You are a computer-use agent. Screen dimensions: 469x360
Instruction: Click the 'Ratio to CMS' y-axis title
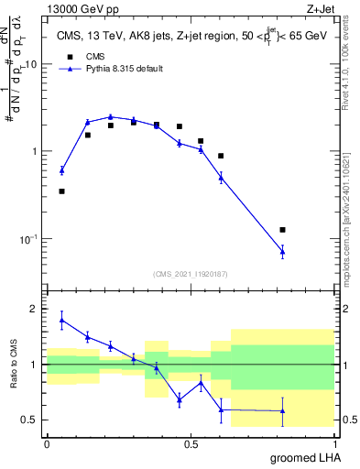click(x=13, y=364)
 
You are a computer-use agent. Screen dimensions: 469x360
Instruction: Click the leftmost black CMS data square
click(x=61, y=191)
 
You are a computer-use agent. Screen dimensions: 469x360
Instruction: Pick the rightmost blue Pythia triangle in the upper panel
click(x=282, y=251)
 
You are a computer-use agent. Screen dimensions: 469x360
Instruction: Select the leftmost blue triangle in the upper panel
click(x=61, y=170)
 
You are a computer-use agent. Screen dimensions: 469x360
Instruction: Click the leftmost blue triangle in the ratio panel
click(x=61, y=320)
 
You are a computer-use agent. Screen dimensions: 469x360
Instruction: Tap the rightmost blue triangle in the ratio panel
click(x=282, y=410)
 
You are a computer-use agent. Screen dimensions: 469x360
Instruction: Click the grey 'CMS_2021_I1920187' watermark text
click(x=191, y=273)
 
